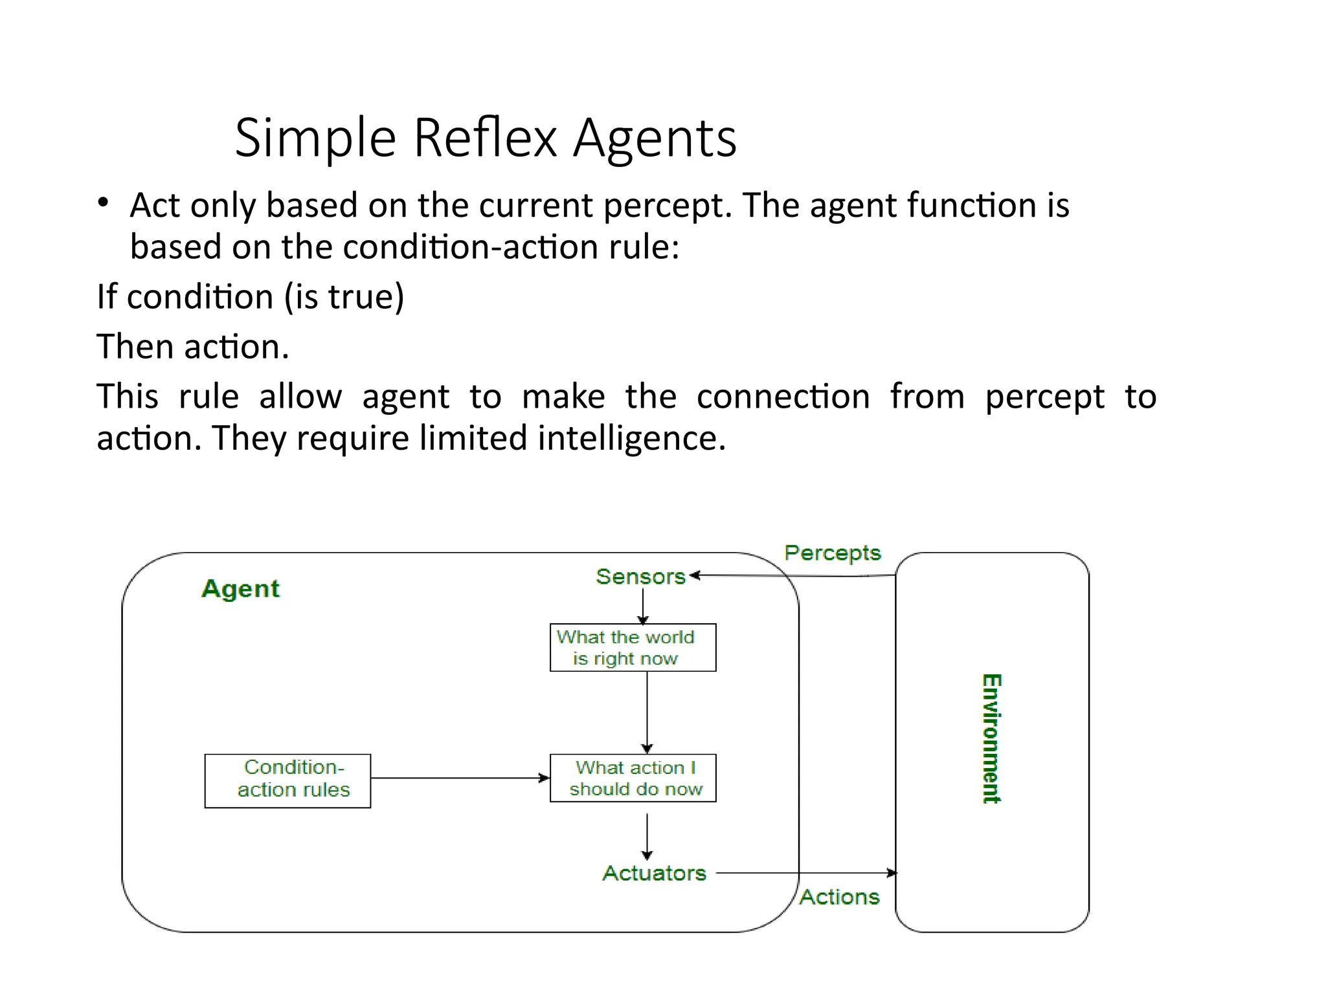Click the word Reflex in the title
[x=485, y=138]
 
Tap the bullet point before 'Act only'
[x=103, y=203]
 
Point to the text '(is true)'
[x=344, y=298]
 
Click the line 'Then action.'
[x=193, y=347]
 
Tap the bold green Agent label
[x=241, y=589]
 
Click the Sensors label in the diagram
[x=640, y=577]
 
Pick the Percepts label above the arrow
[x=832, y=553]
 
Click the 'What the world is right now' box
[x=633, y=648]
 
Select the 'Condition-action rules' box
[x=287, y=780]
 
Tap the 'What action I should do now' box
[x=633, y=778]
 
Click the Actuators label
[x=654, y=873]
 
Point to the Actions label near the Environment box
[x=839, y=897]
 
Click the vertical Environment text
[x=991, y=738]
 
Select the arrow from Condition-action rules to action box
[x=460, y=778]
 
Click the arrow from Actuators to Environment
[x=806, y=873]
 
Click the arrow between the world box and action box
[x=647, y=712]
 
